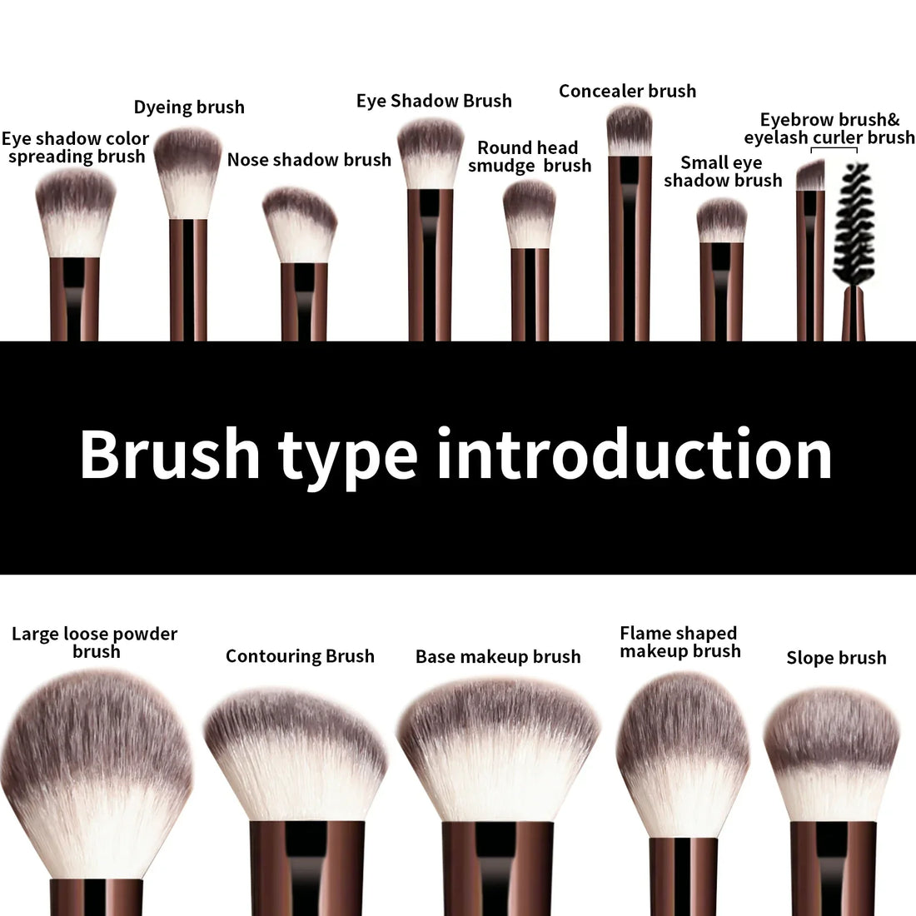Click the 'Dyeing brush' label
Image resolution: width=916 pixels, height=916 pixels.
[189, 107]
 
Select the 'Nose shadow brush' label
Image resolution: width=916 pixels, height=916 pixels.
[309, 160]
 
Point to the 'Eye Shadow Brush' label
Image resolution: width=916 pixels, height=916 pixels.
[434, 102]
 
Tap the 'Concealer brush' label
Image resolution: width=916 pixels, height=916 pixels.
[627, 92]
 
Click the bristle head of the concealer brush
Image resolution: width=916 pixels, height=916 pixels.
[629, 131]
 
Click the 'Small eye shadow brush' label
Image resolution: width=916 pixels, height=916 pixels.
[723, 172]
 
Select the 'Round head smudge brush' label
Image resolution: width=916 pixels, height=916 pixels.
[529, 157]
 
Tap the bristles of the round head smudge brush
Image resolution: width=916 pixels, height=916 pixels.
[529, 213]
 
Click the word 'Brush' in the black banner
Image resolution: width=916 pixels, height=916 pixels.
[170, 455]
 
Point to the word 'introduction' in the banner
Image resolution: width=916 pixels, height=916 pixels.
[634, 455]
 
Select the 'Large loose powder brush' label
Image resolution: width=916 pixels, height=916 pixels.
[95, 643]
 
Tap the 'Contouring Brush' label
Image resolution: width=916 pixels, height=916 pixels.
[300, 656]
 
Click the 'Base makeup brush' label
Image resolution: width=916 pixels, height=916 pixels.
[498, 657]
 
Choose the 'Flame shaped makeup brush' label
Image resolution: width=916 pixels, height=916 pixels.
[680, 642]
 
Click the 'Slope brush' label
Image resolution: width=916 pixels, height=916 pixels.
[836, 658]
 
